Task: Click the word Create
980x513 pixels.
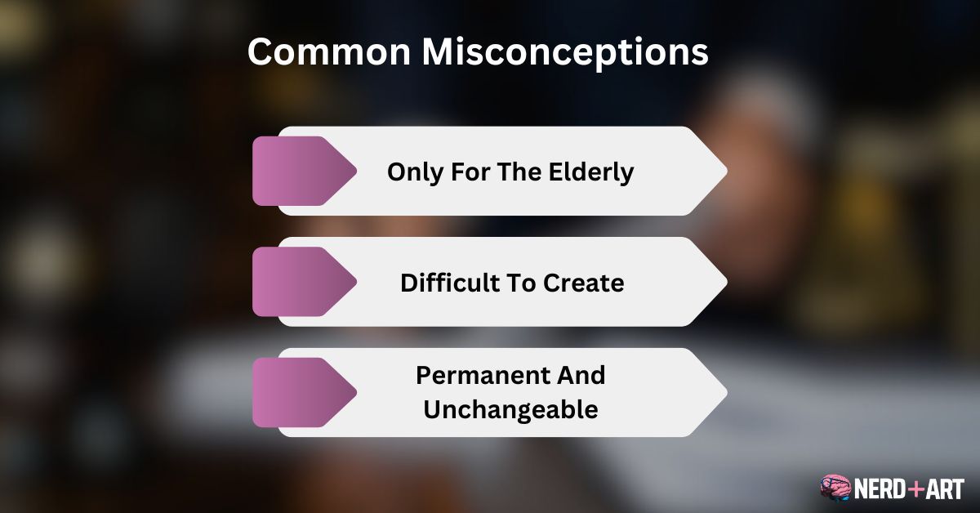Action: coord(583,283)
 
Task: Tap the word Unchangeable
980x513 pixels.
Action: coord(510,409)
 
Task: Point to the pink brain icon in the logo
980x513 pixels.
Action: coord(835,488)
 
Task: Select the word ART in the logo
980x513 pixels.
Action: coord(945,488)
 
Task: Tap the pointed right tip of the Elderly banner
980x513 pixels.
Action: coord(724,171)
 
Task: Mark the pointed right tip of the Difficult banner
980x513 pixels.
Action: coord(724,282)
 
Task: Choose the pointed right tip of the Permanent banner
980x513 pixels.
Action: coord(724,392)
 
